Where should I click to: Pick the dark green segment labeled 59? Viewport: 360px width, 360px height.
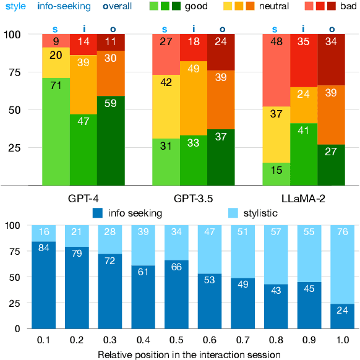pos(111,140)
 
